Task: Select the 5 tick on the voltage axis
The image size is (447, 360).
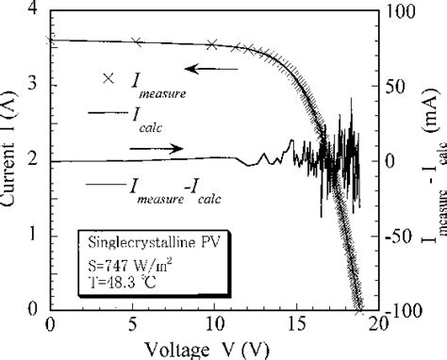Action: pos(131,325)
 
